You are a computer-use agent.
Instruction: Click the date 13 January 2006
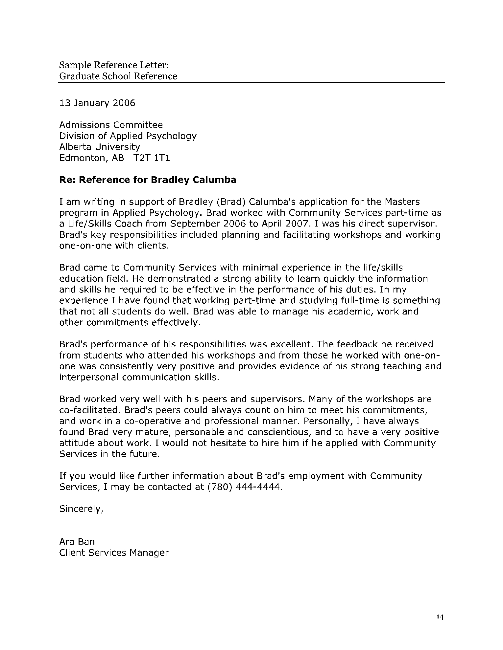pos(97,103)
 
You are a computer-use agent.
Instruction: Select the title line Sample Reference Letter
pos(114,65)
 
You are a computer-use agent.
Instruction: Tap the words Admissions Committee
pos(111,125)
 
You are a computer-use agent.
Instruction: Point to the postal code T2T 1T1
pos(152,158)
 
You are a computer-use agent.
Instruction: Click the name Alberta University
pos(99,147)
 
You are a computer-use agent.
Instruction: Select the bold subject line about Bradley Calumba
pos(148,180)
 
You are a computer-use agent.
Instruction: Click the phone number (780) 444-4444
pos(245,487)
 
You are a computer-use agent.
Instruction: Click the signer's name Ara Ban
pos(77,542)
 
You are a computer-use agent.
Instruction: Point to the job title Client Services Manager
pos(114,553)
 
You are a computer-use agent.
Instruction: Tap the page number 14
pos(440,617)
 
